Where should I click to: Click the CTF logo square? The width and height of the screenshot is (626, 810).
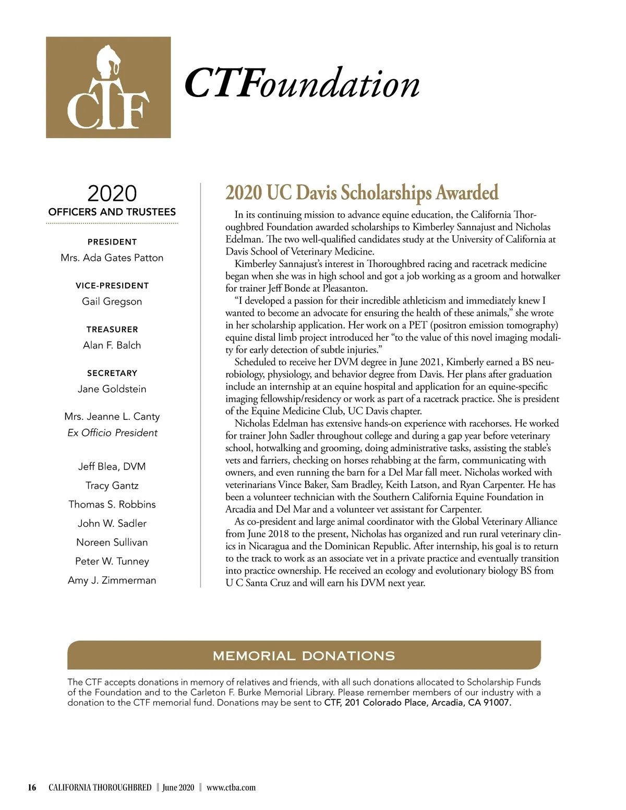pos(108,87)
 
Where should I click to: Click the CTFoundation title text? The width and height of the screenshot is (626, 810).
pos(302,83)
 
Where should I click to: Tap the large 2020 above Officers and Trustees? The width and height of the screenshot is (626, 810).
pos(112,194)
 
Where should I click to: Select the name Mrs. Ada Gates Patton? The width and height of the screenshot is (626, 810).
pos(112,258)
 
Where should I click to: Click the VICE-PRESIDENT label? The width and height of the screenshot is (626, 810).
pos(112,285)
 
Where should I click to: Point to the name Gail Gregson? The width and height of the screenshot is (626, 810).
pos(112,301)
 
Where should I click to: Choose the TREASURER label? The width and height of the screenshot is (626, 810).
pos(112,329)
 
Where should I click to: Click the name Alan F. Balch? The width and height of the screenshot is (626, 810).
pos(112,345)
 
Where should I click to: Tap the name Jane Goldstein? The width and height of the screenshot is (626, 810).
pos(112,389)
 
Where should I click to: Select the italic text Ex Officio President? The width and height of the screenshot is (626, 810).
pos(112,433)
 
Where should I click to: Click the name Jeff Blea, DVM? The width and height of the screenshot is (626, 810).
pos(112,466)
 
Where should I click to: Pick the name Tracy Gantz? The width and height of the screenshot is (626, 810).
pos(112,486)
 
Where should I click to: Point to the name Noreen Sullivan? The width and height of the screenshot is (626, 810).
pos(112,542)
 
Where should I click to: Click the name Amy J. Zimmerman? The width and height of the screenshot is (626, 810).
pos(112,581)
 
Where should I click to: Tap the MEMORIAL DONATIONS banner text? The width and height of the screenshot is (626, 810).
pos(304,656)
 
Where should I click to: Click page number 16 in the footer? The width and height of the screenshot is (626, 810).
pos(32,788)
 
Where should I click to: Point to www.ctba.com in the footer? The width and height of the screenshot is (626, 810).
pos(231,788)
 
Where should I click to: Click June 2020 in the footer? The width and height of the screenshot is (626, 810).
pos(178,788)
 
